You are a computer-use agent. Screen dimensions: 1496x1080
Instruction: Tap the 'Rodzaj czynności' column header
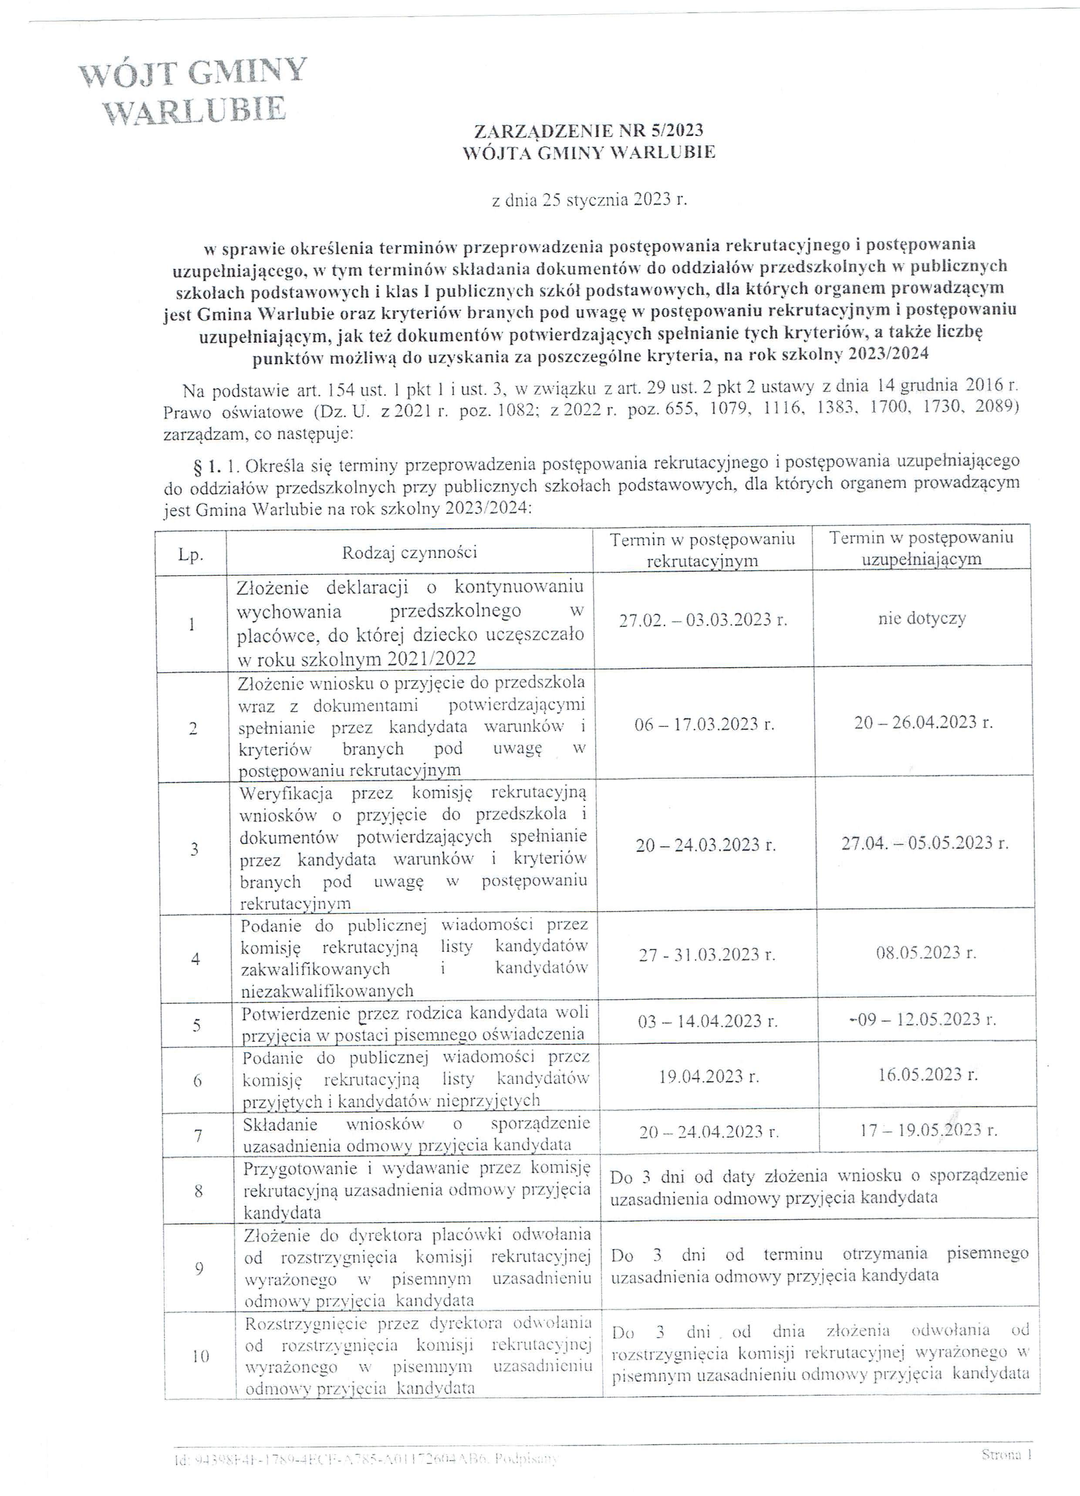pos(409,552)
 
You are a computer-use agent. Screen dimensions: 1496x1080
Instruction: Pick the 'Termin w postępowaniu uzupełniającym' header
pos(921,548)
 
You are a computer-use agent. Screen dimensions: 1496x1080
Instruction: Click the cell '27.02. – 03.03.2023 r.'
pos(703,620)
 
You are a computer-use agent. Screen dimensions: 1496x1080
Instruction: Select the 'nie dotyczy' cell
pos(922,619)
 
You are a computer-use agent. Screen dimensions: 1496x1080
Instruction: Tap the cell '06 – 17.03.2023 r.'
pos(704,724)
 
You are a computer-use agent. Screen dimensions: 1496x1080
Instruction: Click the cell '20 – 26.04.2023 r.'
pos(923,722)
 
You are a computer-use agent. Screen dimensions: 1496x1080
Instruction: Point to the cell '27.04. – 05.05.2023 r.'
pos(925,843)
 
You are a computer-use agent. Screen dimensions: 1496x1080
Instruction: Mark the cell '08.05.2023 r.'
pos(926,953)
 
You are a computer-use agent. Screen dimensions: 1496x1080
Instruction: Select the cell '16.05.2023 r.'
pos(928,1075)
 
